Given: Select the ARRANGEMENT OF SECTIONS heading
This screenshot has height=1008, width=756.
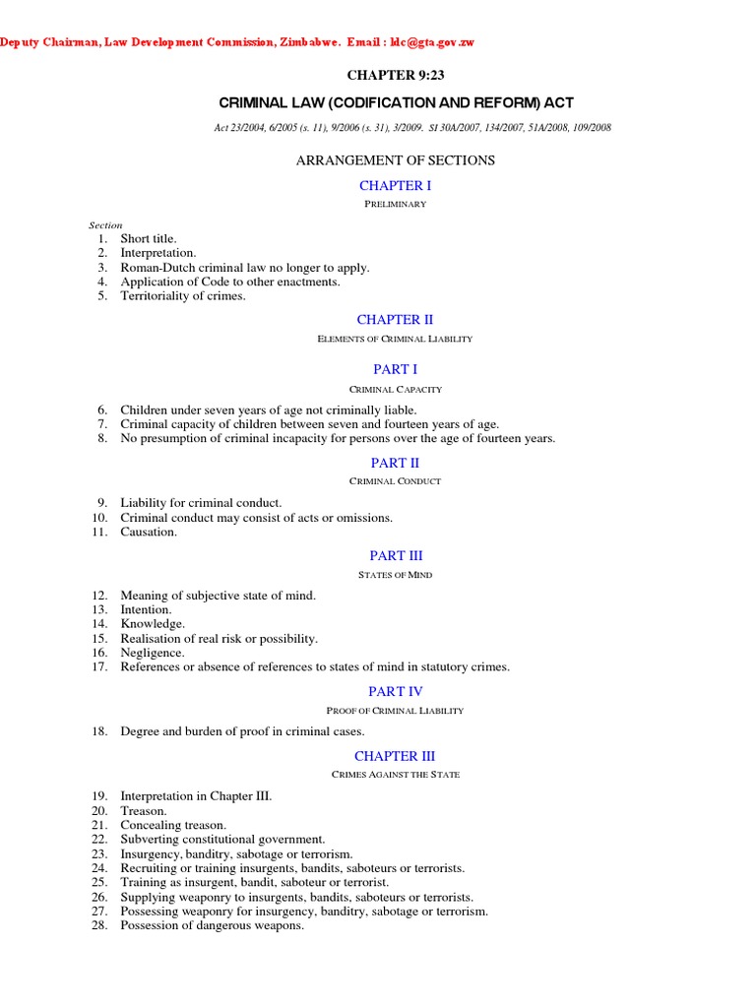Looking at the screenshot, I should pyautogui.click(x=395, y=159).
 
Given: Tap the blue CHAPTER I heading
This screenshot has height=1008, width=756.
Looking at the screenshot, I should pyautogui.click(x=395, y=185).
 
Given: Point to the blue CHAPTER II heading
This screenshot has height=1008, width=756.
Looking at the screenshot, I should pyautogui.click(x=395, y=319).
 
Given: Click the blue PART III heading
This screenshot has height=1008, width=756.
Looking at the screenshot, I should pyautogui.click(x=395, y=555).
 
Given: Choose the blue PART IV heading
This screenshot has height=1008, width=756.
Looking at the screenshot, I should pyautogui.click(x=395, y=691).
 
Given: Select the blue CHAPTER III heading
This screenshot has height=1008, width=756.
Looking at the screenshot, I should pyautogui.click(x=395, y=756).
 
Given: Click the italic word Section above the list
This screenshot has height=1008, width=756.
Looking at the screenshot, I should pyautogui.click(x=105, y=225).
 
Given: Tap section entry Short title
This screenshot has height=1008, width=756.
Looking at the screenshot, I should pyautogui.click(x=149, y=238).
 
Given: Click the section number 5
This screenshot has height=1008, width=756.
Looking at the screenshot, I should pyautogui.click(x=101, y=295).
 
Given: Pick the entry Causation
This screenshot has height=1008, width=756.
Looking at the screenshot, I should pyautogui.click(x=149, y=532).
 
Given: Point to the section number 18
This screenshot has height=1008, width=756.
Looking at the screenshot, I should pyautogui.click(x=99, y=731).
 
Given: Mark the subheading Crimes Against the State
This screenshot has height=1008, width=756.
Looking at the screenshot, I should pyautogui.click(x=395, y=775).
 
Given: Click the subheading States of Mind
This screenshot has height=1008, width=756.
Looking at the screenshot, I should pyautogui.click(x=395, y=575).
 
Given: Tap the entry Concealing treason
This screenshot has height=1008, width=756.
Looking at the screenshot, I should pyautogui.click(x=173, y=825).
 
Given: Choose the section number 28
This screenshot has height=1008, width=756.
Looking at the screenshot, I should pyautogui.click(x=99, y=925).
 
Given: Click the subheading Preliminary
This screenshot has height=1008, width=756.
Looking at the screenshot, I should pyautogui.click(x=395, y=204).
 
